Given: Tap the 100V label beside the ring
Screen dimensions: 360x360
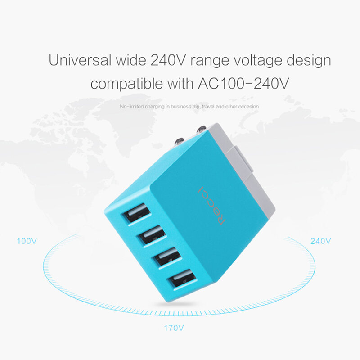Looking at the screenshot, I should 27,241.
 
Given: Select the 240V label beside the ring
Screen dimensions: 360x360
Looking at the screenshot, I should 321,241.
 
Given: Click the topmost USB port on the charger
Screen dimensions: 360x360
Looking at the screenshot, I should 137,212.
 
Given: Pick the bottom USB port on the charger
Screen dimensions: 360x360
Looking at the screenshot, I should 181,280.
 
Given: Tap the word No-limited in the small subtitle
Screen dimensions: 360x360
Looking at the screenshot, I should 131,107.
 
